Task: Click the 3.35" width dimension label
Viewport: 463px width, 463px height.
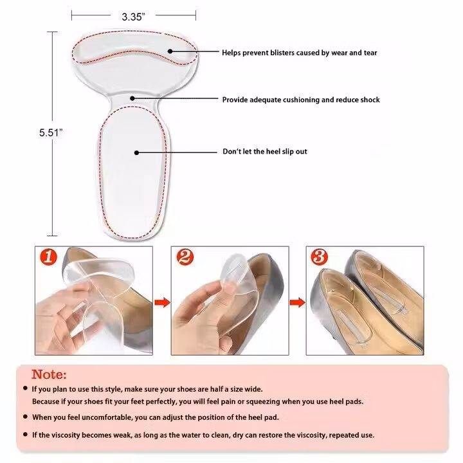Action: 134,17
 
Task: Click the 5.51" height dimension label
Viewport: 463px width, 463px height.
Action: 51,132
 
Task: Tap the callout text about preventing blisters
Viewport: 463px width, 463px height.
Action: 300,53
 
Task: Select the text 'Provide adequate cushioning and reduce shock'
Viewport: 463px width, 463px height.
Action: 301,100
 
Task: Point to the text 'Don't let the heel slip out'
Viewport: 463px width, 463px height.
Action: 265,152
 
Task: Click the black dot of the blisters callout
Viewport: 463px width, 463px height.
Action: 170,51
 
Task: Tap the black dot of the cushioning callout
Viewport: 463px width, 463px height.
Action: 132,98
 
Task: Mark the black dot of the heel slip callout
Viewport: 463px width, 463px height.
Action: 136,152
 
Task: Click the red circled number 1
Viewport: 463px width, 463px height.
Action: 48,257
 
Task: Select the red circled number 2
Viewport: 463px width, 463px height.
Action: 185,257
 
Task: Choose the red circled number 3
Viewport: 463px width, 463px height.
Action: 320,257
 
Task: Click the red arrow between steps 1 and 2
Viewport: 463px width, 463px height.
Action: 162,302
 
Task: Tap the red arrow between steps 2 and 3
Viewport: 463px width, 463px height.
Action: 297,302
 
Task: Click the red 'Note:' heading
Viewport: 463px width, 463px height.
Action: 49,374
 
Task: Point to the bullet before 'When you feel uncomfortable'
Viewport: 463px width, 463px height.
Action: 25,417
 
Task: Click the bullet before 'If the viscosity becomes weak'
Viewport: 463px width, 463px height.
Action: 25,434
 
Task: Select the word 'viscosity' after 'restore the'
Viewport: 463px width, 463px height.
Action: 312,435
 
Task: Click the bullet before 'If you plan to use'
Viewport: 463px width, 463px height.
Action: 25,388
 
